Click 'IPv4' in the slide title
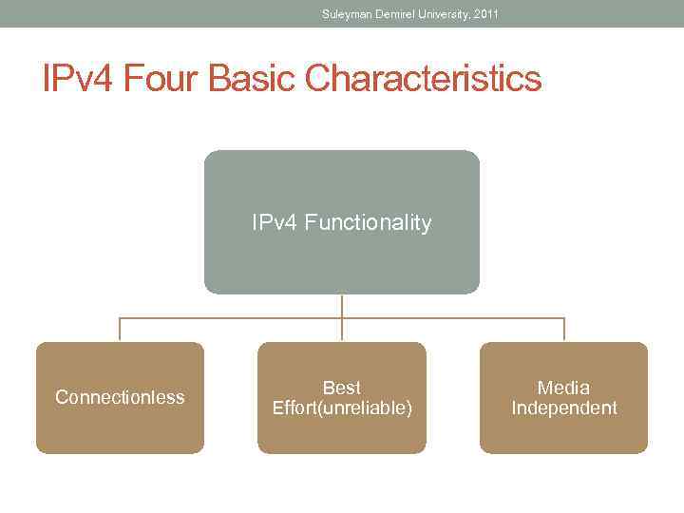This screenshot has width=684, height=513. [75, 79]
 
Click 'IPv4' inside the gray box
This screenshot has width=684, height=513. [275, 223]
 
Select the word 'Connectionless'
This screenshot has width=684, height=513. [120, 397]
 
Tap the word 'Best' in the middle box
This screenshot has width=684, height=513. [342, 388]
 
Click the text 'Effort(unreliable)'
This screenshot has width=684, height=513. [342, 408]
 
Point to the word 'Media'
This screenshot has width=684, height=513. [563, 388]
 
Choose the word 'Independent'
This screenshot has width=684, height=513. [563, 408]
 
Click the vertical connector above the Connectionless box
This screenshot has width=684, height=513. [120, 330]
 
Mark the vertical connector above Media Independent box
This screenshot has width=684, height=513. [564, 330]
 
